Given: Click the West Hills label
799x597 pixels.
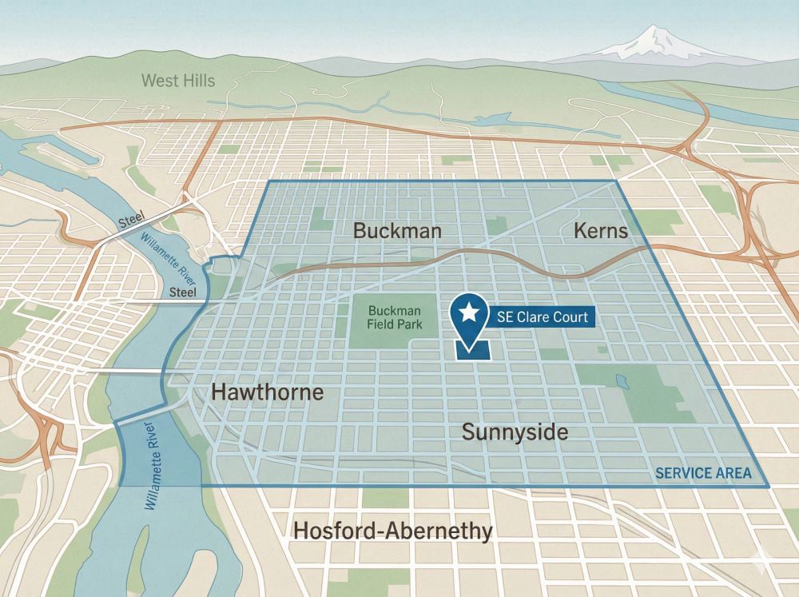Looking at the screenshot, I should tap(177, 80).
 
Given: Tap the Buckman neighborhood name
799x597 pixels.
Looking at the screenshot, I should tap(397, 231).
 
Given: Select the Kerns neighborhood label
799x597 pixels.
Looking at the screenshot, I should tap(601, 231).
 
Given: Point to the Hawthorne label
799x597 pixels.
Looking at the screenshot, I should tap(267, 392).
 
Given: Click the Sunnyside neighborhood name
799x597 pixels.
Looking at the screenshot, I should tap(515, 432).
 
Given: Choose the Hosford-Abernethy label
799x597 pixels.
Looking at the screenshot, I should tap(392, 531).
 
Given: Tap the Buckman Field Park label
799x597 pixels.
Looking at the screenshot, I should tap(395, 318).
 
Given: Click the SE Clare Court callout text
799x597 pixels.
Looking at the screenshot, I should tap(542, 317).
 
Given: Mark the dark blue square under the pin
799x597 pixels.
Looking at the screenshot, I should tap(471, 350).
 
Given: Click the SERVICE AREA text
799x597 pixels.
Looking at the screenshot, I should tap(703, 472).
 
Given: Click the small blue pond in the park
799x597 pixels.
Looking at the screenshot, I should tap(622, 381).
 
